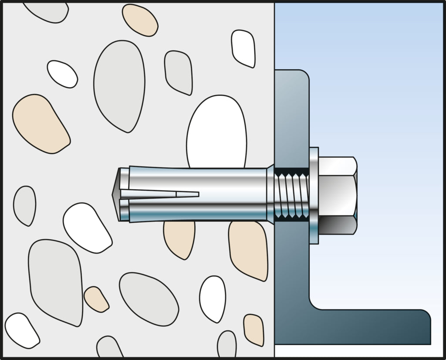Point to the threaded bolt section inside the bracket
pos(292,194)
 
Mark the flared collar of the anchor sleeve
pos(270,194)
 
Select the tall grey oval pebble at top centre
pos(119,85)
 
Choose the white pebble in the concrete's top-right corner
pos(243,48)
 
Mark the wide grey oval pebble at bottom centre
pos(148,299)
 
